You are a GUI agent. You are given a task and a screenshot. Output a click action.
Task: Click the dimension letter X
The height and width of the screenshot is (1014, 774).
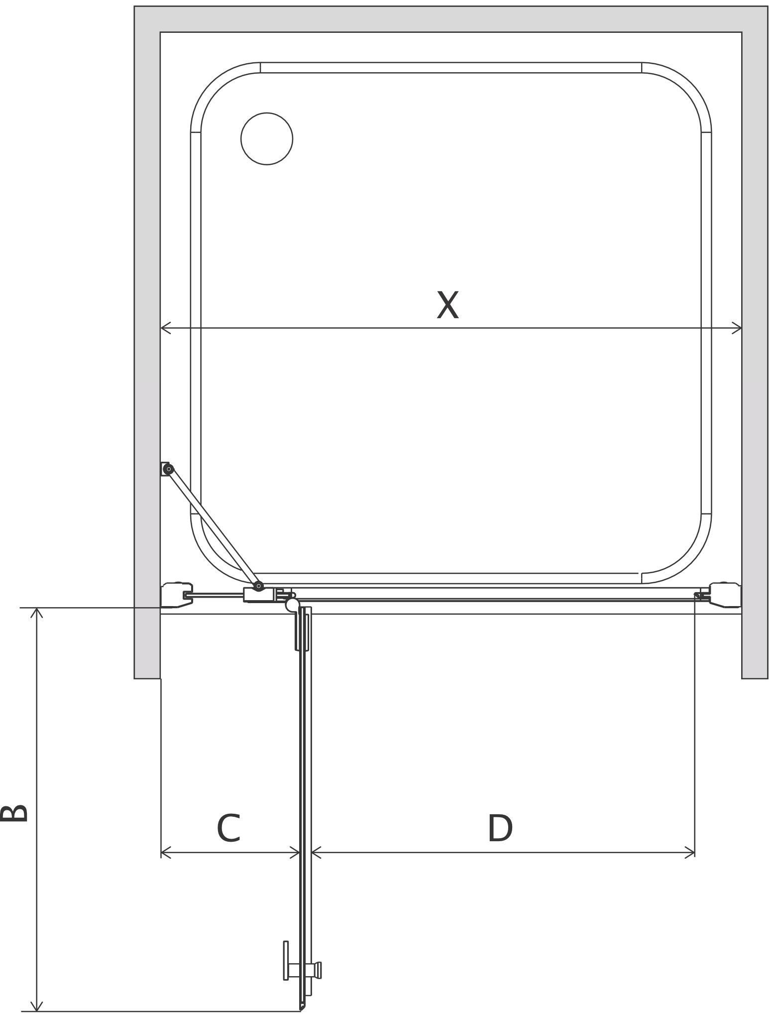(x=447, y=305)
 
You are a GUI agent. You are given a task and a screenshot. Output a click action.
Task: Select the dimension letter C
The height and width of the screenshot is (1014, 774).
(x=229, y=829)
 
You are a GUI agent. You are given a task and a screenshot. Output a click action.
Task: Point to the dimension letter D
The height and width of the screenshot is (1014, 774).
(x=500, y=829)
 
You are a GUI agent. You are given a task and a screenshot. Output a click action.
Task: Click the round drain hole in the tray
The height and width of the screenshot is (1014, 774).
(x=267, y=138)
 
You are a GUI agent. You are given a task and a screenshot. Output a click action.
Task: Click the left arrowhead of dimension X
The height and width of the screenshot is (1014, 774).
(x=165, y=328)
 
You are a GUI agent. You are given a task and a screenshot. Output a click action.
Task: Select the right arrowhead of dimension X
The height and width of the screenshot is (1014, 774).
(x=737, y=328)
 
